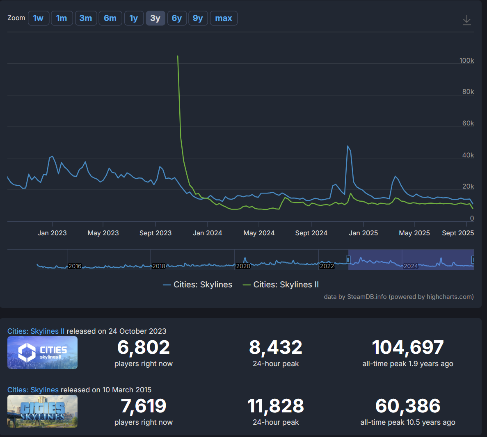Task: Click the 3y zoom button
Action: tap(155, 18)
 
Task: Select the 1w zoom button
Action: tap(39, 18)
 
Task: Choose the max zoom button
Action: tap(224, 18)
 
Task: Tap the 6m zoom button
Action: tap(110, 18)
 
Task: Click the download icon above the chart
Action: tap(466, 20)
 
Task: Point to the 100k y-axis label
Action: tap(466, 61)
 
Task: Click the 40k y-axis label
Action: tap(468, 155)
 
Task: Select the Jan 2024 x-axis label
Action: tap(208, 233)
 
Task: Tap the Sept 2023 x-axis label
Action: tap(155, 233)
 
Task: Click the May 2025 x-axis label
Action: tap(414, 233)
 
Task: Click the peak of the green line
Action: tap(178, 56)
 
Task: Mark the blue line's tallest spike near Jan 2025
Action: tap(348, 146)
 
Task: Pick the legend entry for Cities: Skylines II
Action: tap(281, 285)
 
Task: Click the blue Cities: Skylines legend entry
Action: tap(197, 285)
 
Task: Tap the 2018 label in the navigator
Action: tap(159, 266)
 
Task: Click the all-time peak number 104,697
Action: tap(408, 347)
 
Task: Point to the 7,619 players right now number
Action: tap(144, 406)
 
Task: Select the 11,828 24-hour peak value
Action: tap(275, 406)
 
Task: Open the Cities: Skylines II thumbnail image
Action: tap(43, 353)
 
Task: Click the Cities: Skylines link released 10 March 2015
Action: tap(33, 390)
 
